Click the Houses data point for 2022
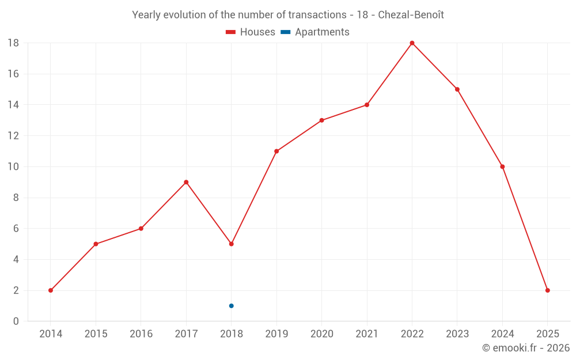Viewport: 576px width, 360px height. pos(412,43)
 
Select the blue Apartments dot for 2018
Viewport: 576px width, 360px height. pos(231,306)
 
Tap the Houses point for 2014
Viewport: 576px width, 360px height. pos(51,290)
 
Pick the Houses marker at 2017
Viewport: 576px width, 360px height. pos(186,182)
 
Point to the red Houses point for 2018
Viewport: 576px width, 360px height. pos(231,244)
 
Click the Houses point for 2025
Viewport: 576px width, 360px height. pos(547,290)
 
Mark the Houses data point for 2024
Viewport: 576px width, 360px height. pos(502,167)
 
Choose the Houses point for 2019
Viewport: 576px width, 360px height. pos(276,151)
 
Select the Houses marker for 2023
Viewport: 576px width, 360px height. pos(457,89)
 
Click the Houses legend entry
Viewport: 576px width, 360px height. pos(251,32)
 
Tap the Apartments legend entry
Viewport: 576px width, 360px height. pos(315,32)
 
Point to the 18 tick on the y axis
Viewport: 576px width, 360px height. pos(13,43)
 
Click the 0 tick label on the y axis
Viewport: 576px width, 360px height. pos(16,321)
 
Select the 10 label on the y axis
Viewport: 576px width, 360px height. pos(13,167)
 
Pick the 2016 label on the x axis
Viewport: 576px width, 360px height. pos(141,334)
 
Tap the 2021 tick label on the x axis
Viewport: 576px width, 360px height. pos(367,334)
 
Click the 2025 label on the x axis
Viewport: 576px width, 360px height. pos(547,334)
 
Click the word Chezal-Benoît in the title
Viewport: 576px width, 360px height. pos(411,15)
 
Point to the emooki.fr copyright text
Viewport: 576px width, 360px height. pos(526,348)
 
